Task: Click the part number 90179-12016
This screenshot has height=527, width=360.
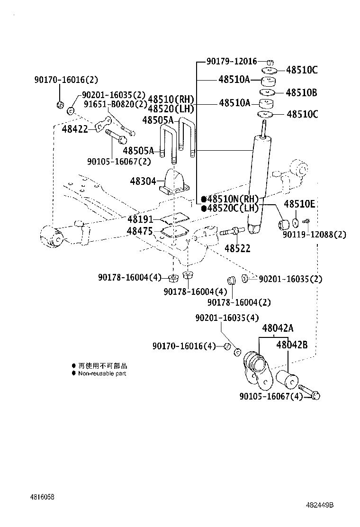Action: click(232, 61)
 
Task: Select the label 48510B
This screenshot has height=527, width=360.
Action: click(302, 92)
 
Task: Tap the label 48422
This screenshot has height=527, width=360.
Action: click(75, 128)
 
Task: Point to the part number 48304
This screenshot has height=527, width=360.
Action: click(143, 181)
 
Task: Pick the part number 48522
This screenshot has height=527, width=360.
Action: click(237, 248)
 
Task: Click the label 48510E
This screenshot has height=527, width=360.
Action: click(299, 204)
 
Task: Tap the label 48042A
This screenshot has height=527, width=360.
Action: click(278, 328)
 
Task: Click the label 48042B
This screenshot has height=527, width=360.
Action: click(292, 345)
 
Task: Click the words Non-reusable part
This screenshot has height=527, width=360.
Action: click(102, 373)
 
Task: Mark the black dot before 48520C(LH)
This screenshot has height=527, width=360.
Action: click(204, 209)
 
